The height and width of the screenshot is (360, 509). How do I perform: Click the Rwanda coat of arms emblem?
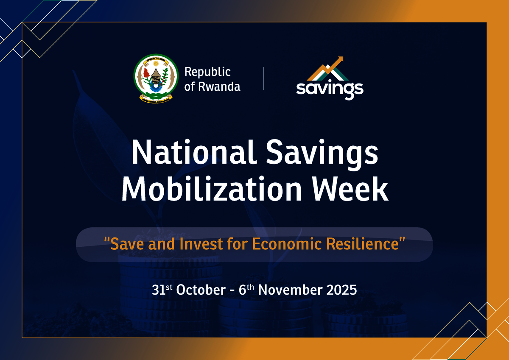click(156, 78)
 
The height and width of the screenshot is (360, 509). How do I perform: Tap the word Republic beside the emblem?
click(207, 72)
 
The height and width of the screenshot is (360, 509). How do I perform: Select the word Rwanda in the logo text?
click(219, 87)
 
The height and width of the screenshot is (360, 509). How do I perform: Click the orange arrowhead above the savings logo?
click(340, 59)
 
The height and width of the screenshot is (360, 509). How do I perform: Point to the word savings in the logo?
click(330, 89)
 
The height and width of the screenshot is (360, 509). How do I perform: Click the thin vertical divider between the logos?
click(263, 78)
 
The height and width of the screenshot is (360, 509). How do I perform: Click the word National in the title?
click(195, 152)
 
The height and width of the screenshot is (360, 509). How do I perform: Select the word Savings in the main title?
click(322, 154)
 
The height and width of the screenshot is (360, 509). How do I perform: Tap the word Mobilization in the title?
click(212, 189)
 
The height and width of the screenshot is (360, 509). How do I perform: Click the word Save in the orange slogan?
click(127, 244)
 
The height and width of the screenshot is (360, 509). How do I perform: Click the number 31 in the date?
click(159, 290)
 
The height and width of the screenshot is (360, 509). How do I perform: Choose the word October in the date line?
click(201, 290)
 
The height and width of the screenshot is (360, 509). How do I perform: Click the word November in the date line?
click(290, 290)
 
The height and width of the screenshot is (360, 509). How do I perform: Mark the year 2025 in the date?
click(341, 290)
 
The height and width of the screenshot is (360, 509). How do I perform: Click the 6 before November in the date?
click(243, 290)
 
